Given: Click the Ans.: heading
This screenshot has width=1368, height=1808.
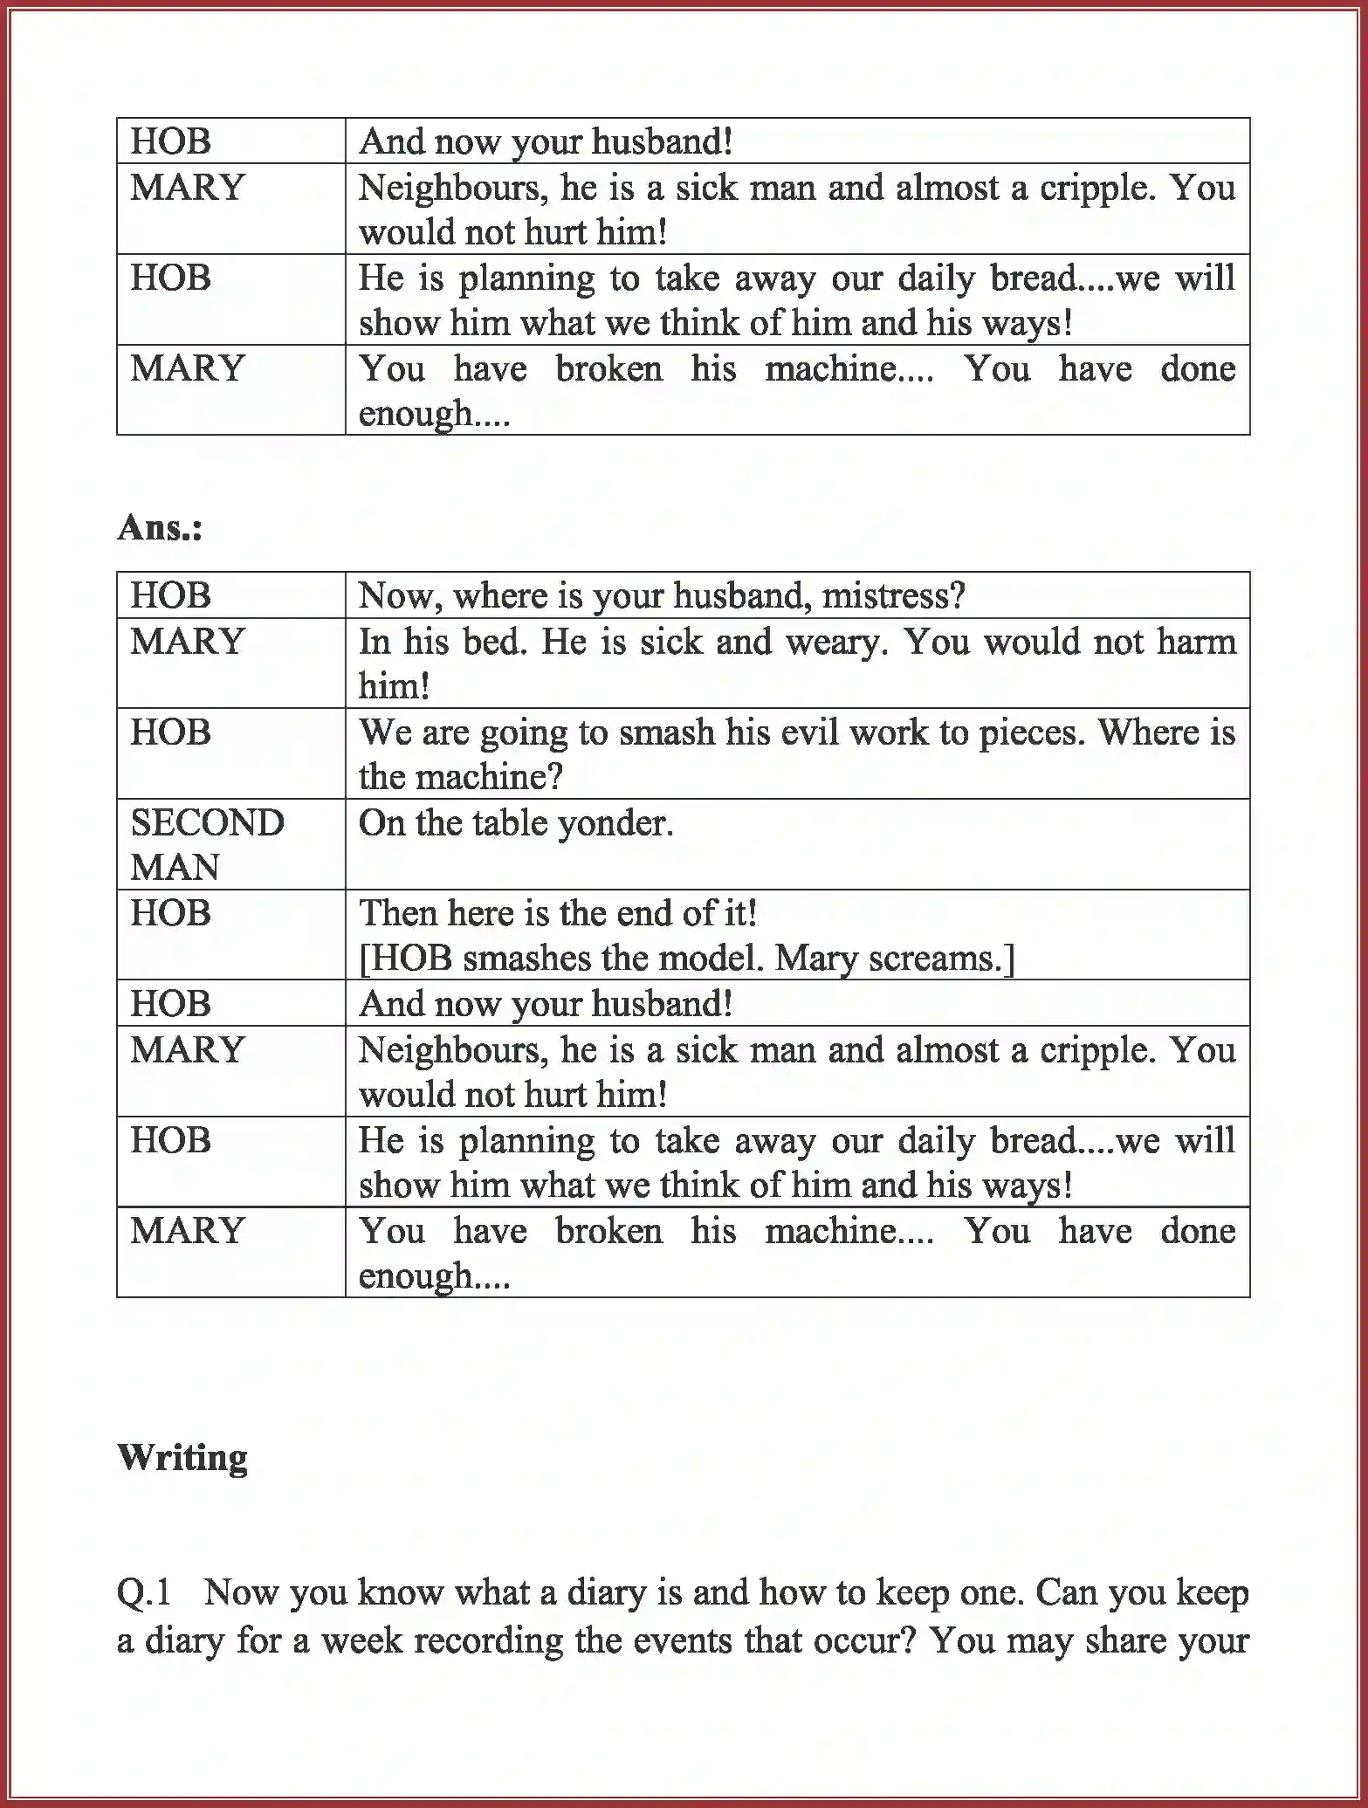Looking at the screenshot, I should pyautogui.click(x=160, y=527).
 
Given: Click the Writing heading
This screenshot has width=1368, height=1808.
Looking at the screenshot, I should pyautogui.click(x=182, y=1457).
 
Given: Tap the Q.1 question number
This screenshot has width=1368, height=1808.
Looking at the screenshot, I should pyautogui.click(x=144, y=1592).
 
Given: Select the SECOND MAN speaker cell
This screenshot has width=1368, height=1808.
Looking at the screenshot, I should pyautogui.click(x=207, y=844).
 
